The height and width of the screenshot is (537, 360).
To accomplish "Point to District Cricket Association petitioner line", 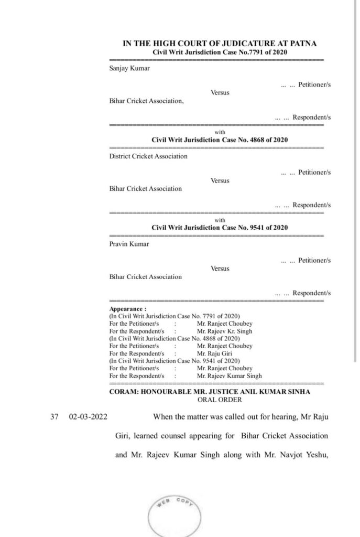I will point(148,156).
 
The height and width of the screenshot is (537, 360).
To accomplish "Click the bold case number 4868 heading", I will point(220,140).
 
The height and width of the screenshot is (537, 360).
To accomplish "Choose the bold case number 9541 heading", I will point(220,228).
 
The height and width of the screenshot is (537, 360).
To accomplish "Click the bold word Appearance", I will point(126,309).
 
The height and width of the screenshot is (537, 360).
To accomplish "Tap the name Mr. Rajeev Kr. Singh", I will point(225,331).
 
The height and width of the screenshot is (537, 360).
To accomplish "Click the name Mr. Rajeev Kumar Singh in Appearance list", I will point(229,375).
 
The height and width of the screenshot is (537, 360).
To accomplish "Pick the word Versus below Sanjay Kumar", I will point(220,92).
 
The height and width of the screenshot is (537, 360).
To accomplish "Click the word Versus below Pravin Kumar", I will point(220,268).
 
